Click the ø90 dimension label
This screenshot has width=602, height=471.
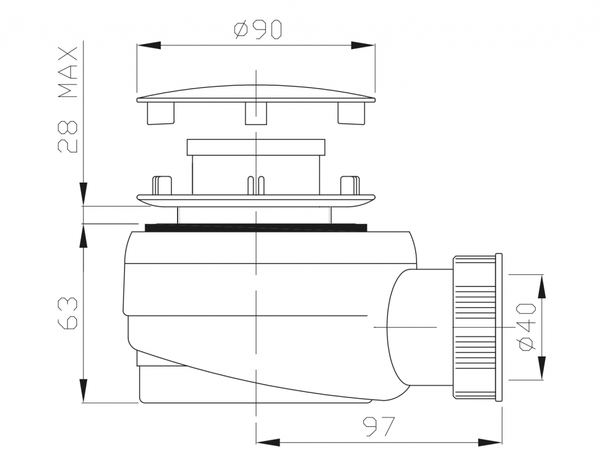click(x=257, y=29)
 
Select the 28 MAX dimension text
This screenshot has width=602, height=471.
click(x=68, y=100)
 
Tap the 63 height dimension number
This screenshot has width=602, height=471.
click(x=68, y=312)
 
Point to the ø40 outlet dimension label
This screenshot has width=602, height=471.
click(x=527, y=327)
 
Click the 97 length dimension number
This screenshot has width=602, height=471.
click(x=379, y=426)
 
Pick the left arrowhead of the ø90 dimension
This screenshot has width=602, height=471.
click(x=149, y=45)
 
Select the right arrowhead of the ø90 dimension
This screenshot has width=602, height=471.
click(x=363, y=45)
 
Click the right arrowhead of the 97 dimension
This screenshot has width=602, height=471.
click(x=490, y=442)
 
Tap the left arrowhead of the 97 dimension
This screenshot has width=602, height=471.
click(x=268, y=442)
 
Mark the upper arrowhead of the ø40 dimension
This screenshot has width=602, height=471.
click(x=541, y=287)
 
